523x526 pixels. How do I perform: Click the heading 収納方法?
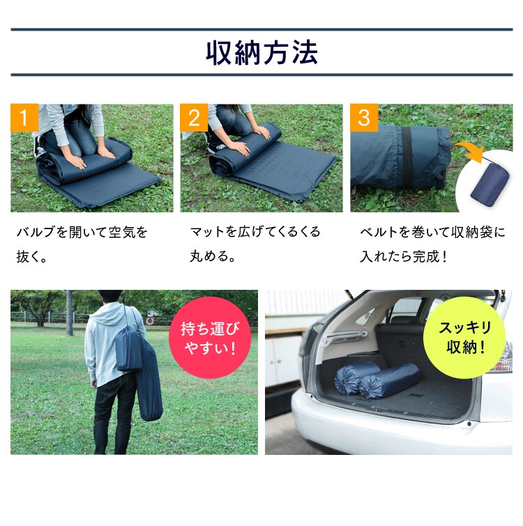pos(261,53)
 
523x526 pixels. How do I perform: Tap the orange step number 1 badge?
pos(24,118)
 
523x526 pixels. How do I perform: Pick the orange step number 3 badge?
pos(363,118)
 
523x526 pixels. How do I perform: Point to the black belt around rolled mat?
pos(406,157)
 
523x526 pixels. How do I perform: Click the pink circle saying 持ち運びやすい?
pos(209,337)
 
